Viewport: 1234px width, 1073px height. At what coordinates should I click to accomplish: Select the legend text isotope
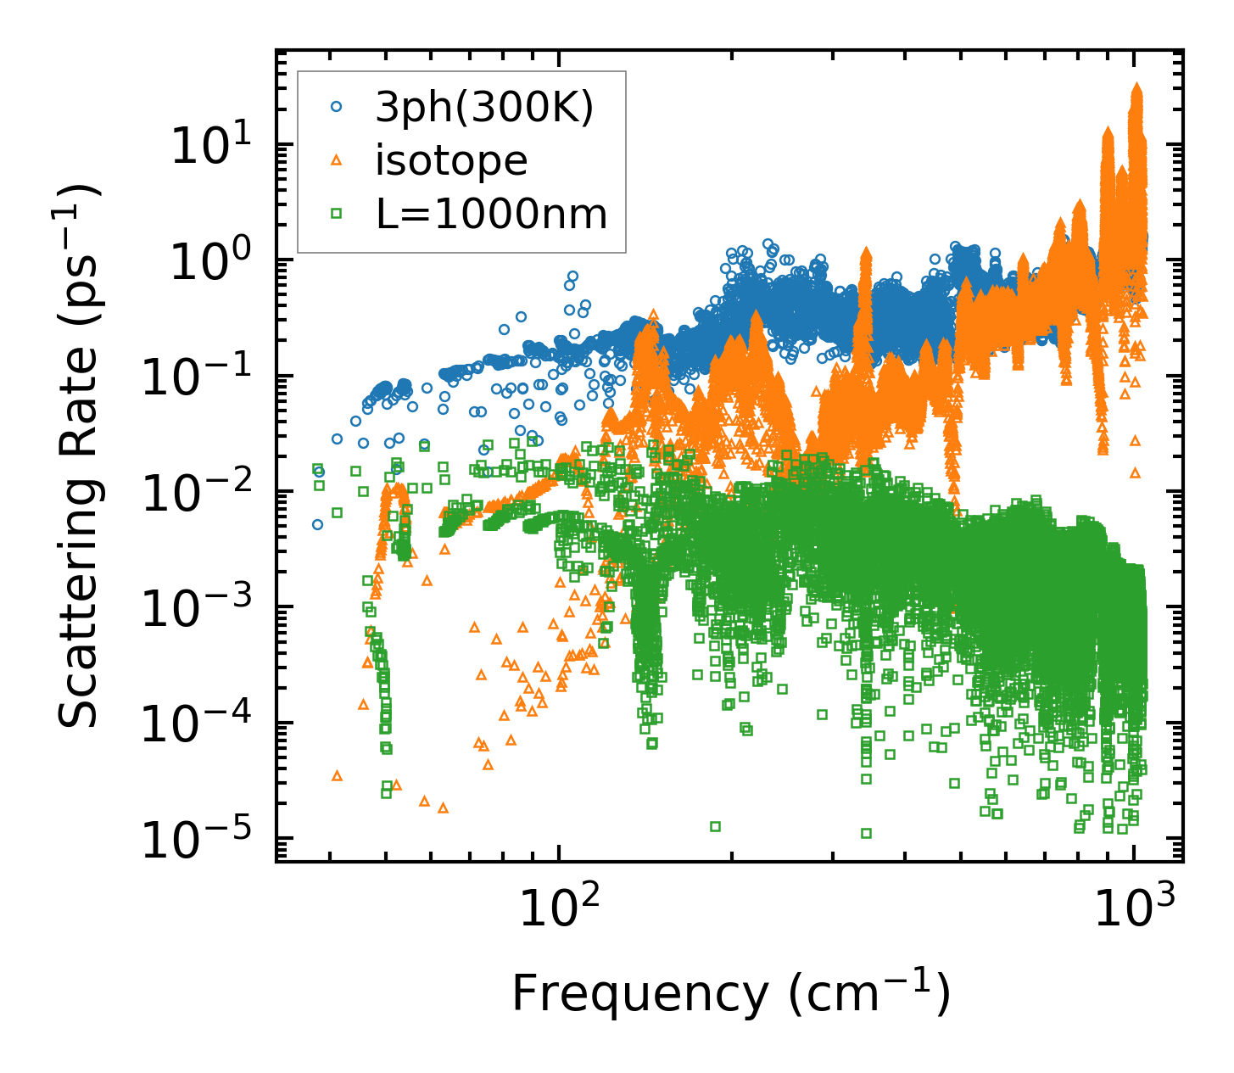[451, 161]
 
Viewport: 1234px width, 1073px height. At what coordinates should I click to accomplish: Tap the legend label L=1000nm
[492, 215]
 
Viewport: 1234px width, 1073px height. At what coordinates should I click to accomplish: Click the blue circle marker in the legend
[337, 108]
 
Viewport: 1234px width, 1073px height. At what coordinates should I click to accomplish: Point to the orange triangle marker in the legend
[337, 160]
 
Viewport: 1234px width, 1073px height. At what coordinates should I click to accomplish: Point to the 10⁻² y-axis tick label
[197, 493]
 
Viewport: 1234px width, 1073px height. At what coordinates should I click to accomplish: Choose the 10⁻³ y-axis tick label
[197, 608]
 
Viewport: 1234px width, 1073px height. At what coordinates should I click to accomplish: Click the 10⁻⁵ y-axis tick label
[197, 840]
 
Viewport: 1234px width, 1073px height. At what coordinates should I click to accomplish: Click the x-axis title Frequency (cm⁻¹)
[730, 993]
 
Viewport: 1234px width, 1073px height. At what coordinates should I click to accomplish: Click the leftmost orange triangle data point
[337, 775]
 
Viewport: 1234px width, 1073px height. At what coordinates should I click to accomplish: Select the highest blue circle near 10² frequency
[572, 277]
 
